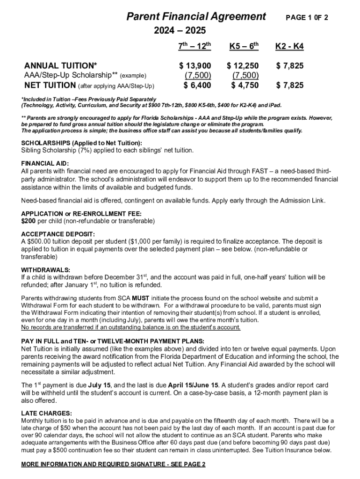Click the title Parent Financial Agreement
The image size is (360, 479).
click(196, 17)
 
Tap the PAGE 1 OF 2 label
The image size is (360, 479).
click(307, 18)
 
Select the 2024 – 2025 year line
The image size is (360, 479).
click(180, 31)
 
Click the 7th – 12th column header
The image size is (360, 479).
click(195, 46)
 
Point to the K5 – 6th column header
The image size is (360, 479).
click(244, 46)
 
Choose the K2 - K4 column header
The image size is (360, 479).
click(289, 47)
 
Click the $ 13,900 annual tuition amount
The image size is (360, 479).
click(195, 66)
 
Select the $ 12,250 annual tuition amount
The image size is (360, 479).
click(243, 66)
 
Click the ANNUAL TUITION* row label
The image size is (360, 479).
click(61, 66)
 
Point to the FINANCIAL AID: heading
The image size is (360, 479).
click(45, 163)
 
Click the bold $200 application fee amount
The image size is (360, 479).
click(29, 221)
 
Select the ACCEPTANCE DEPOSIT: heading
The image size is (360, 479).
click(58, 234)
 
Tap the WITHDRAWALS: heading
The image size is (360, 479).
click(46, 270)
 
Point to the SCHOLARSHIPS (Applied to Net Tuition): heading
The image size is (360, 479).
click(82, 143)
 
